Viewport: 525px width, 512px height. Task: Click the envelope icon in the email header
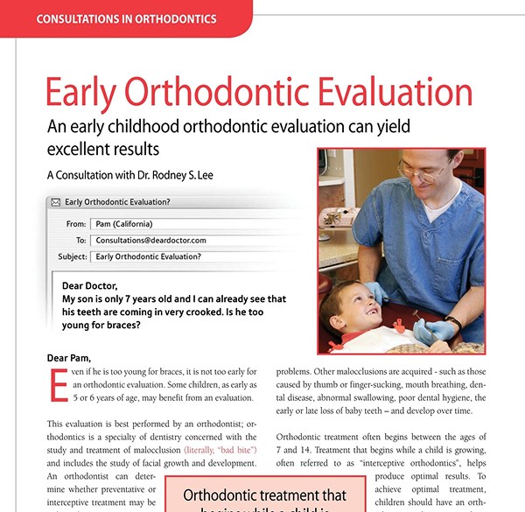pyautogui.click(x=56, y=202)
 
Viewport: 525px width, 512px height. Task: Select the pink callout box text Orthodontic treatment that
pyautogui.click(x=263, y=494)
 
